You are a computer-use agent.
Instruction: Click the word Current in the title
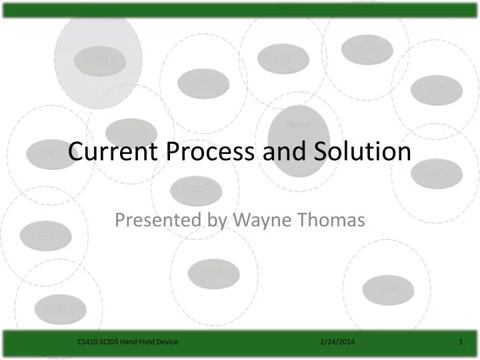pos(109,152)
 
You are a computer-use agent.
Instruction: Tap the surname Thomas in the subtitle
pos(332,219)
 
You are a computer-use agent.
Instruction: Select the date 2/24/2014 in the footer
pos(337,342)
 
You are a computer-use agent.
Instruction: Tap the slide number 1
pos(461,342)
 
